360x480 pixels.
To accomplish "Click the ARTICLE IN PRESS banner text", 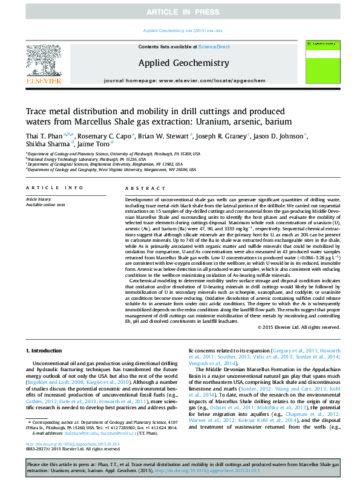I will (x=180, y=11).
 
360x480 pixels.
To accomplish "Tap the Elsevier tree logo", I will (x=43, y=59).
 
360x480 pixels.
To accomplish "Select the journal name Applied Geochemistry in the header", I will (x=184, y=63).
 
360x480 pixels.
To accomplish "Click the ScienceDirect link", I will (x=215, y=47).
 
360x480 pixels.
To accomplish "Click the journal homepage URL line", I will (x=184, y=80).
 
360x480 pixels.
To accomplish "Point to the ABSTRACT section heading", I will (x=140, y=187).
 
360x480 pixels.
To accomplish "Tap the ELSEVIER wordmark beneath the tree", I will (x=43, y=80).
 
